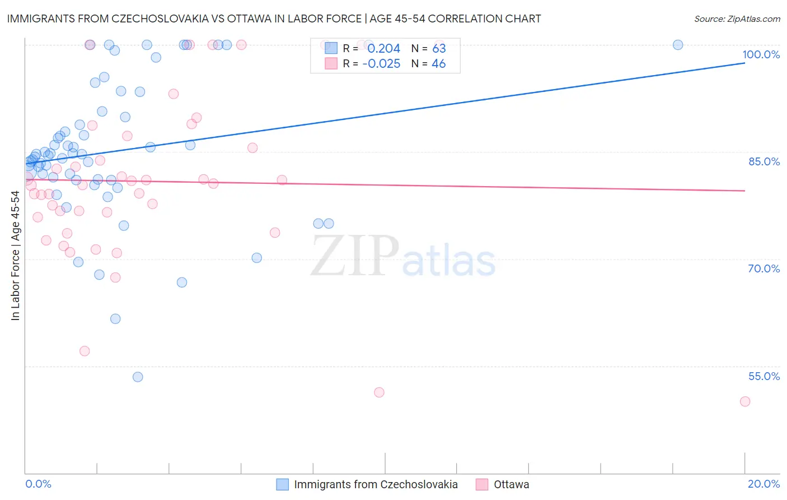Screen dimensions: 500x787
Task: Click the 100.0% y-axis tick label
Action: point(761,54)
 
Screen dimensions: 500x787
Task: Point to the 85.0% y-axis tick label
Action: point(764,161)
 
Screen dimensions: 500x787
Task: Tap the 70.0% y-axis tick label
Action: point(764,268)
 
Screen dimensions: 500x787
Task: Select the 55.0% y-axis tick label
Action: point(764,376)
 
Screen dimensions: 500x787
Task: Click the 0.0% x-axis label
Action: point(38,484)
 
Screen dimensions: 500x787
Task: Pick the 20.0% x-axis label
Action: point(763,484)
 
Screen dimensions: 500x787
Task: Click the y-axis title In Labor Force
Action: point(15,256)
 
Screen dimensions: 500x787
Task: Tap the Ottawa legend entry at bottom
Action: point(510,484)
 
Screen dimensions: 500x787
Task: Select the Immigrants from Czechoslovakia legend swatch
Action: point(283,484)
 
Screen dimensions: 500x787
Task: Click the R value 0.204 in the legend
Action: point(383,49)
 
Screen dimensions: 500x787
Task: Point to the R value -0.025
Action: point(381,64)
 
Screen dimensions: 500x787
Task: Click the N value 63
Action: point(439,49)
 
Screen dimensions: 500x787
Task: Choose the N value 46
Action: point(439,64)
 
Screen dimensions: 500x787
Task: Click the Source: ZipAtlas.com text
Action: point(737,19)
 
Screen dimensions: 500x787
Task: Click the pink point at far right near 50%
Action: point(744,401)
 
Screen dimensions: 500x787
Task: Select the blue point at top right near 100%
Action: point(678,45)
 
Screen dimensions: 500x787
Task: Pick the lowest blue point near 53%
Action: point(138,377)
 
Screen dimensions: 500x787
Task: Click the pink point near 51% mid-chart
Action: point(379,392)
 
